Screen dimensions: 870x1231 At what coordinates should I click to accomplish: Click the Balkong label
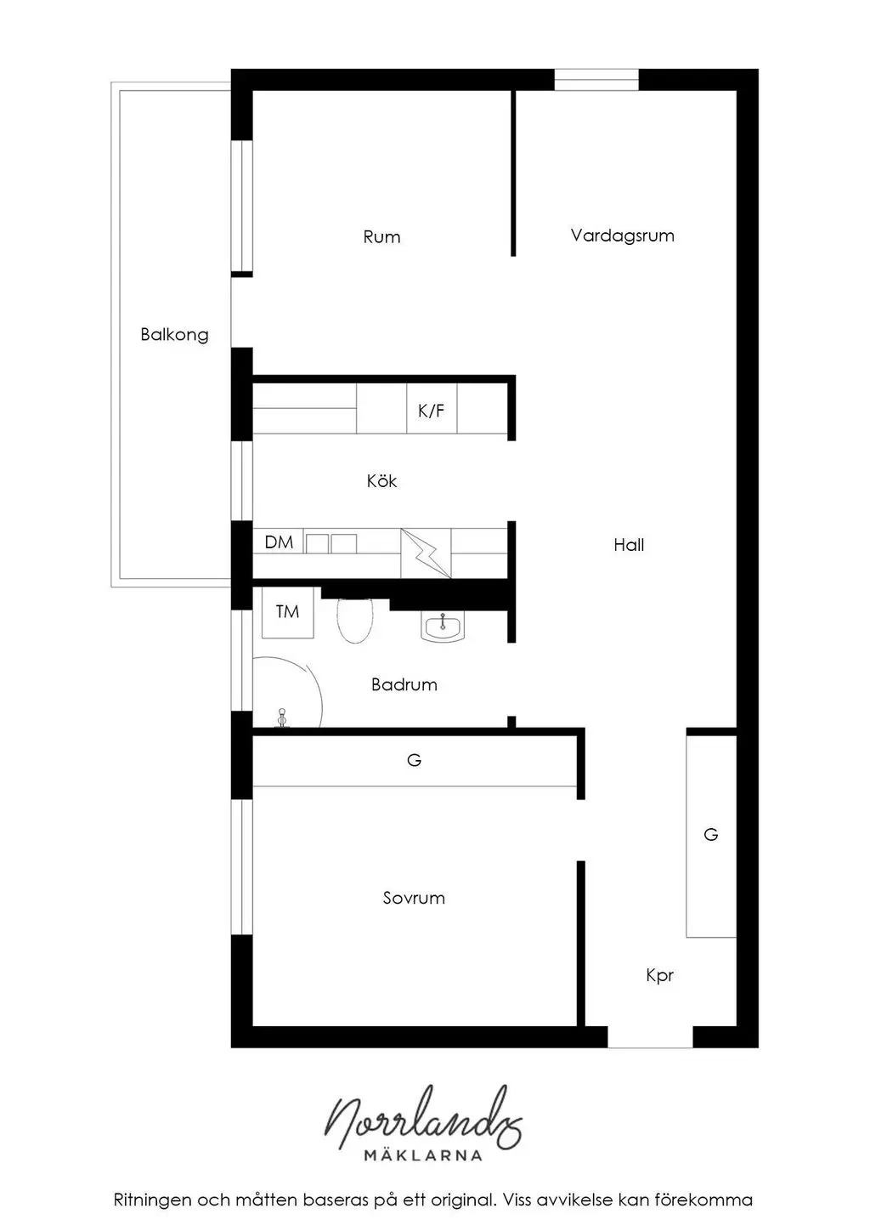[x=175, y=335]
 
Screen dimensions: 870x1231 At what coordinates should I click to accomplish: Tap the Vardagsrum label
[x=622, y=235]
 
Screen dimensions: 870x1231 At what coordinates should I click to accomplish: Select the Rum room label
[x=381, y=237]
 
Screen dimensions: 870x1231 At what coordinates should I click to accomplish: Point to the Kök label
[x=381, y=481]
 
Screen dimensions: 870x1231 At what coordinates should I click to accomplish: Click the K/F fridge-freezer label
[x=431, y=411]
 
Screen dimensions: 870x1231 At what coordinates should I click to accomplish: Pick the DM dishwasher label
[x=279, y=542]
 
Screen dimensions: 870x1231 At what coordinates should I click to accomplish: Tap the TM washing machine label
[x=287, y=611]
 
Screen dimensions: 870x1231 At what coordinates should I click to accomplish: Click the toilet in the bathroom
[x=355, y=621]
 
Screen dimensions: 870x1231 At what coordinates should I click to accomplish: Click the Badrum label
[x=404, y=684]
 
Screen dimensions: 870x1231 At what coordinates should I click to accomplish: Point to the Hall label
[x=629, y=545]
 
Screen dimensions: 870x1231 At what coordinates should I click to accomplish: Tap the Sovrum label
[x=414, y=898]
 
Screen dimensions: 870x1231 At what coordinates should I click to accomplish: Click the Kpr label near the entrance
[x=659, y=975]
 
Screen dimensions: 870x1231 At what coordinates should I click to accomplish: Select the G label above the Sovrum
[x=414, y=760]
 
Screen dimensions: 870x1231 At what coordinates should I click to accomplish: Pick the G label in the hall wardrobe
[x=711, y=835]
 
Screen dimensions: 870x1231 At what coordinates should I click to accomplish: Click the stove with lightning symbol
[x=426, y=553]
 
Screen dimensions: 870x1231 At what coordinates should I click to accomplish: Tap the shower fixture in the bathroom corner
[x=282, y=718]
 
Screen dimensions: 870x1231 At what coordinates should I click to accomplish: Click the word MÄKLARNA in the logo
[x=423, y=1155]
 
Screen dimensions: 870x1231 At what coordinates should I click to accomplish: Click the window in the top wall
[x=596, y=80]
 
